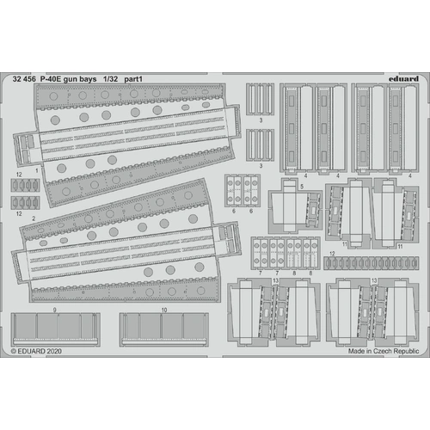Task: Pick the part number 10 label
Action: pos(163,308)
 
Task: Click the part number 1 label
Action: pos(37,171)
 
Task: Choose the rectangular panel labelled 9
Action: pos(54,329)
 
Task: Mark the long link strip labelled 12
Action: pos(371,262)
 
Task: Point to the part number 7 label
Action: pos(258,271)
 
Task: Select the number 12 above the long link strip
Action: pos(332,254)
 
